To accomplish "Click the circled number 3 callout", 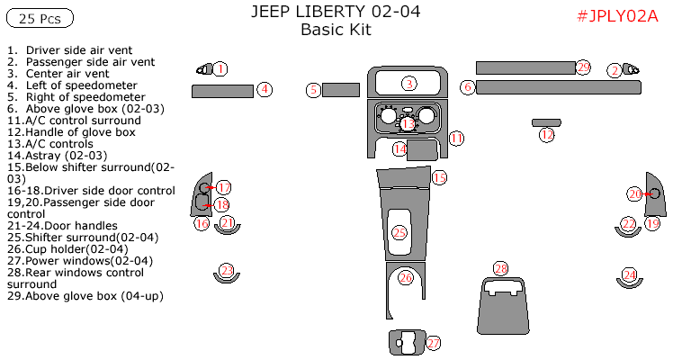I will (408, 84).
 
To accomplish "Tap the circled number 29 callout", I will (583, 67).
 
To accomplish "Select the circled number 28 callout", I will (501, 268).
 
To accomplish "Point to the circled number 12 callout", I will (547, 135).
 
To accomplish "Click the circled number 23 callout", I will (227, 270).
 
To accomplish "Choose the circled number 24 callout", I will (630, 274).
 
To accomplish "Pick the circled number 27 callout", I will (434, 343).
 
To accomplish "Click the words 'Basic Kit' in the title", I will (335, 30).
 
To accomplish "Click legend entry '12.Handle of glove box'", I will (70, 132).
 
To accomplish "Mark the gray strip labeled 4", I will (222, 90).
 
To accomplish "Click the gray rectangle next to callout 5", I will (341, 89).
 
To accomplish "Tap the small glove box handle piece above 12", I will (546, 121).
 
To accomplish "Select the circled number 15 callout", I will (439, 178).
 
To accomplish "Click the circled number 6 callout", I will (467, 87).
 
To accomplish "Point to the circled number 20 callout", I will (635, 193).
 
